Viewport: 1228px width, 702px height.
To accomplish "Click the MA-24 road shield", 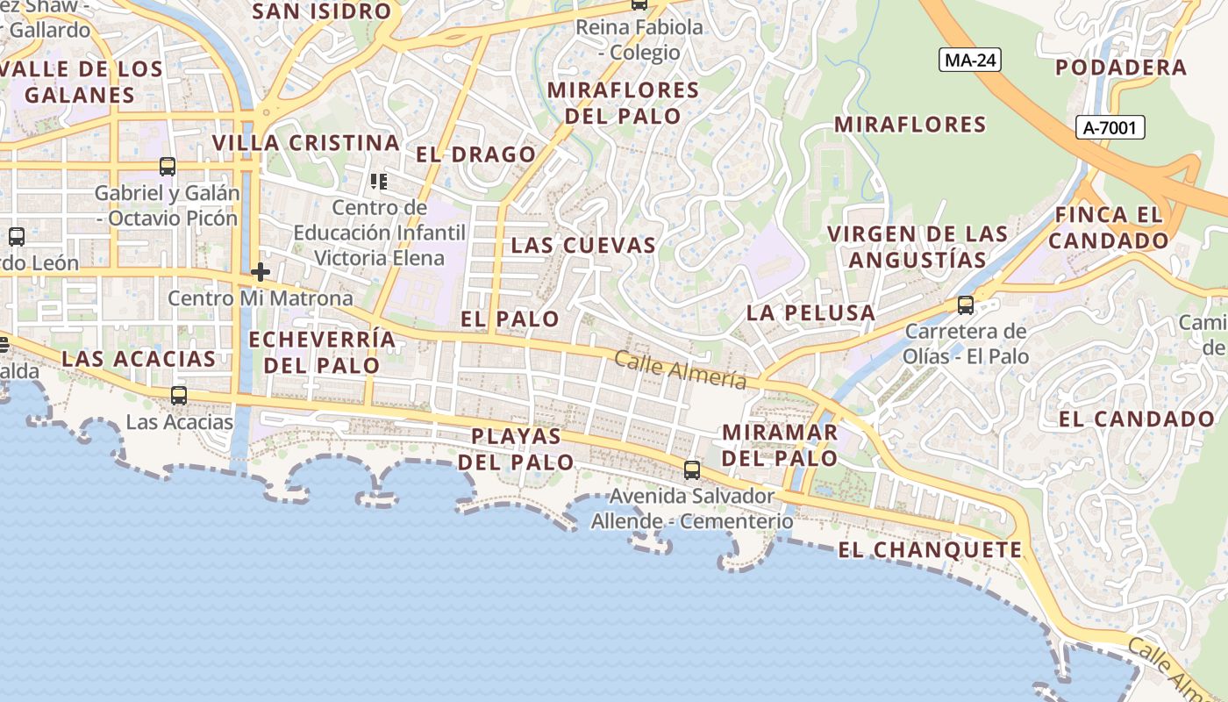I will click(x=969, y=60).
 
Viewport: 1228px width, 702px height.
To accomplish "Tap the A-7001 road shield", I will click(x=1110, y=127).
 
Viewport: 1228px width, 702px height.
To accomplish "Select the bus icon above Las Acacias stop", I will click(x=179, y=396).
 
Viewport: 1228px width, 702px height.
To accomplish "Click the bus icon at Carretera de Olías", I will click(x=965, y=305).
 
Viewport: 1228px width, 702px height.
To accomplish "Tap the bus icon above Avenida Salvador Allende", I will click(x=692, y=469).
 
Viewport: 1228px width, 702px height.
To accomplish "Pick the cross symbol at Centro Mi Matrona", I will click(x=260, y=272).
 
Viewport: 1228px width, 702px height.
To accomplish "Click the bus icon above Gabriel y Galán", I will click(x=167, y=166).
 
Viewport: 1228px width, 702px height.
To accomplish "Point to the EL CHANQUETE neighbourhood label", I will click(x=930, y=550).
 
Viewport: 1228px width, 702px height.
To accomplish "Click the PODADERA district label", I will click(x=1120, y=68).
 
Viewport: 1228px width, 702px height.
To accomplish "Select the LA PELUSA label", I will click(x=810, y=312).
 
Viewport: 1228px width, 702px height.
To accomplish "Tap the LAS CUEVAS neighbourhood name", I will click(x=583, y=245).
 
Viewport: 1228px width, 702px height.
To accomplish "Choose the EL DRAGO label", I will click(x=475, y=154).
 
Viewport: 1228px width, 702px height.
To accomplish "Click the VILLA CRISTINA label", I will click(x=305, y=142).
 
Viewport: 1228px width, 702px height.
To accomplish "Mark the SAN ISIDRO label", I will click(x=321, y=11).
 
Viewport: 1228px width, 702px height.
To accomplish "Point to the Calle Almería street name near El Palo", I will click(x=680, y=369).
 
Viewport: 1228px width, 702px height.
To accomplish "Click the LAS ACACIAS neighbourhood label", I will click(x=139, y=358).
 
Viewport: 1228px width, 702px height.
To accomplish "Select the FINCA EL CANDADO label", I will click(x=1109, y=227).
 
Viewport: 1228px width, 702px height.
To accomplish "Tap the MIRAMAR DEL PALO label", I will click(x=780, y=445).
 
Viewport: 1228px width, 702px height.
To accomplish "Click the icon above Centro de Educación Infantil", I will click(x=379, y=182).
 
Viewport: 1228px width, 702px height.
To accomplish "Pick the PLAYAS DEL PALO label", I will click(x=516, y=448).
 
